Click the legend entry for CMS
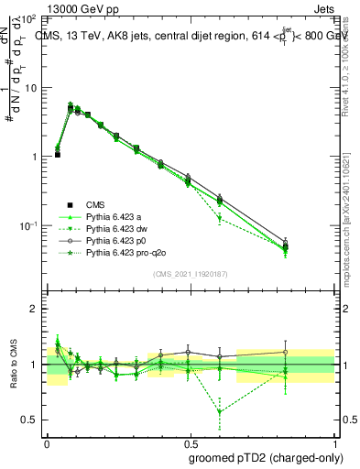tap(96, 204)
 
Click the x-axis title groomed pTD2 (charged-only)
tap(265, 457)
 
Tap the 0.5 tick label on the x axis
tap(190, 442)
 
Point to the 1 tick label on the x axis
tap(333, 442)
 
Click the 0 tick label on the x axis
tap(47, 442)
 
